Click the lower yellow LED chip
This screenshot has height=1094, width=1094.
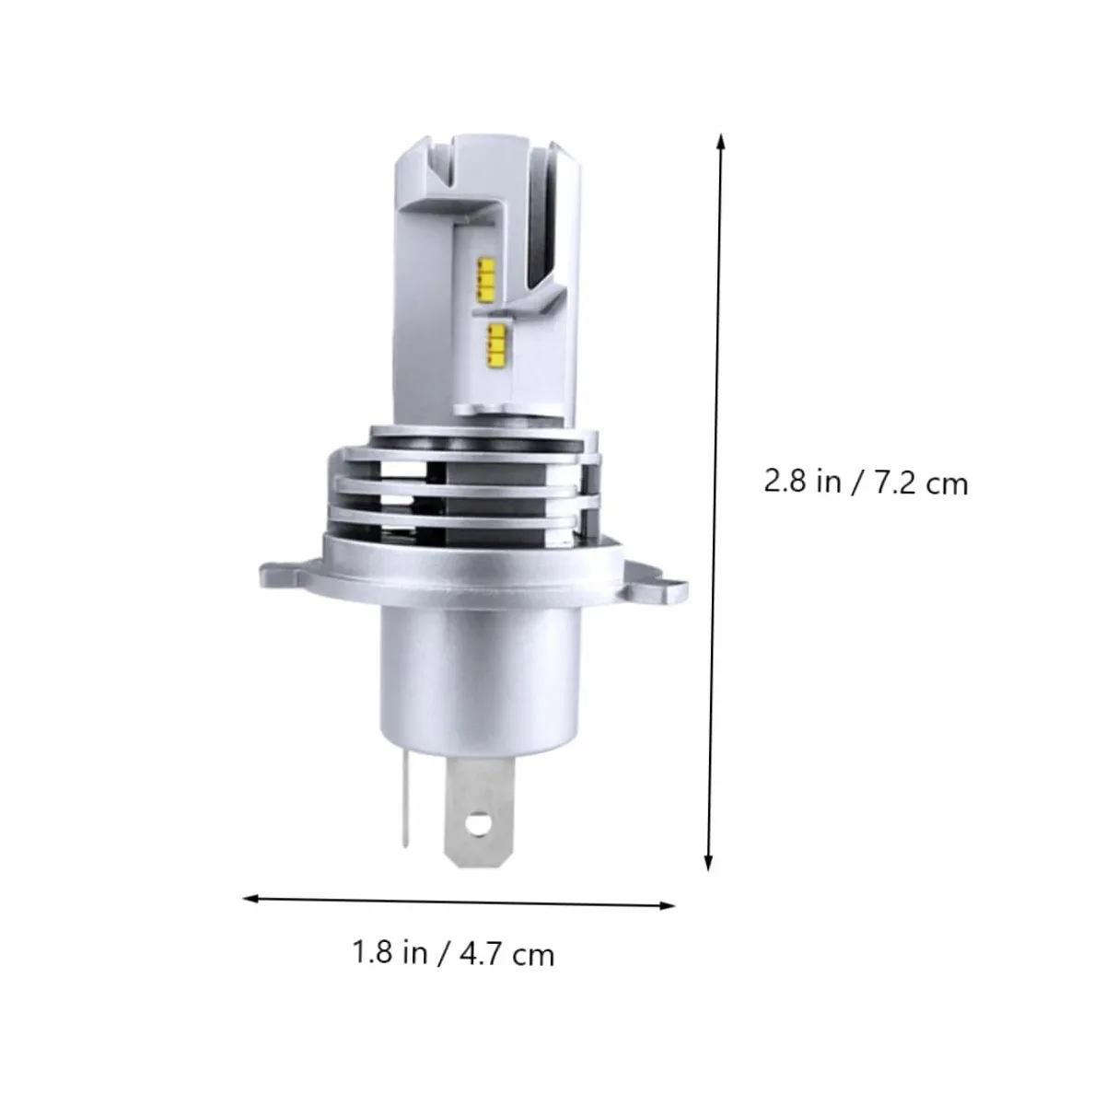click(496, 347)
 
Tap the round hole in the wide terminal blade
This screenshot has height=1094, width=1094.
click(479, 823)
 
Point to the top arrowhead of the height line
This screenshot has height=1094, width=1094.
click(721, 142)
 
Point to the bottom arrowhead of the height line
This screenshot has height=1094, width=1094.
click(708, 862)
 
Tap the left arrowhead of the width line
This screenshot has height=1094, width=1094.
click(251, 899)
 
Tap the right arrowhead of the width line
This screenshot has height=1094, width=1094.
click(667, 905)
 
